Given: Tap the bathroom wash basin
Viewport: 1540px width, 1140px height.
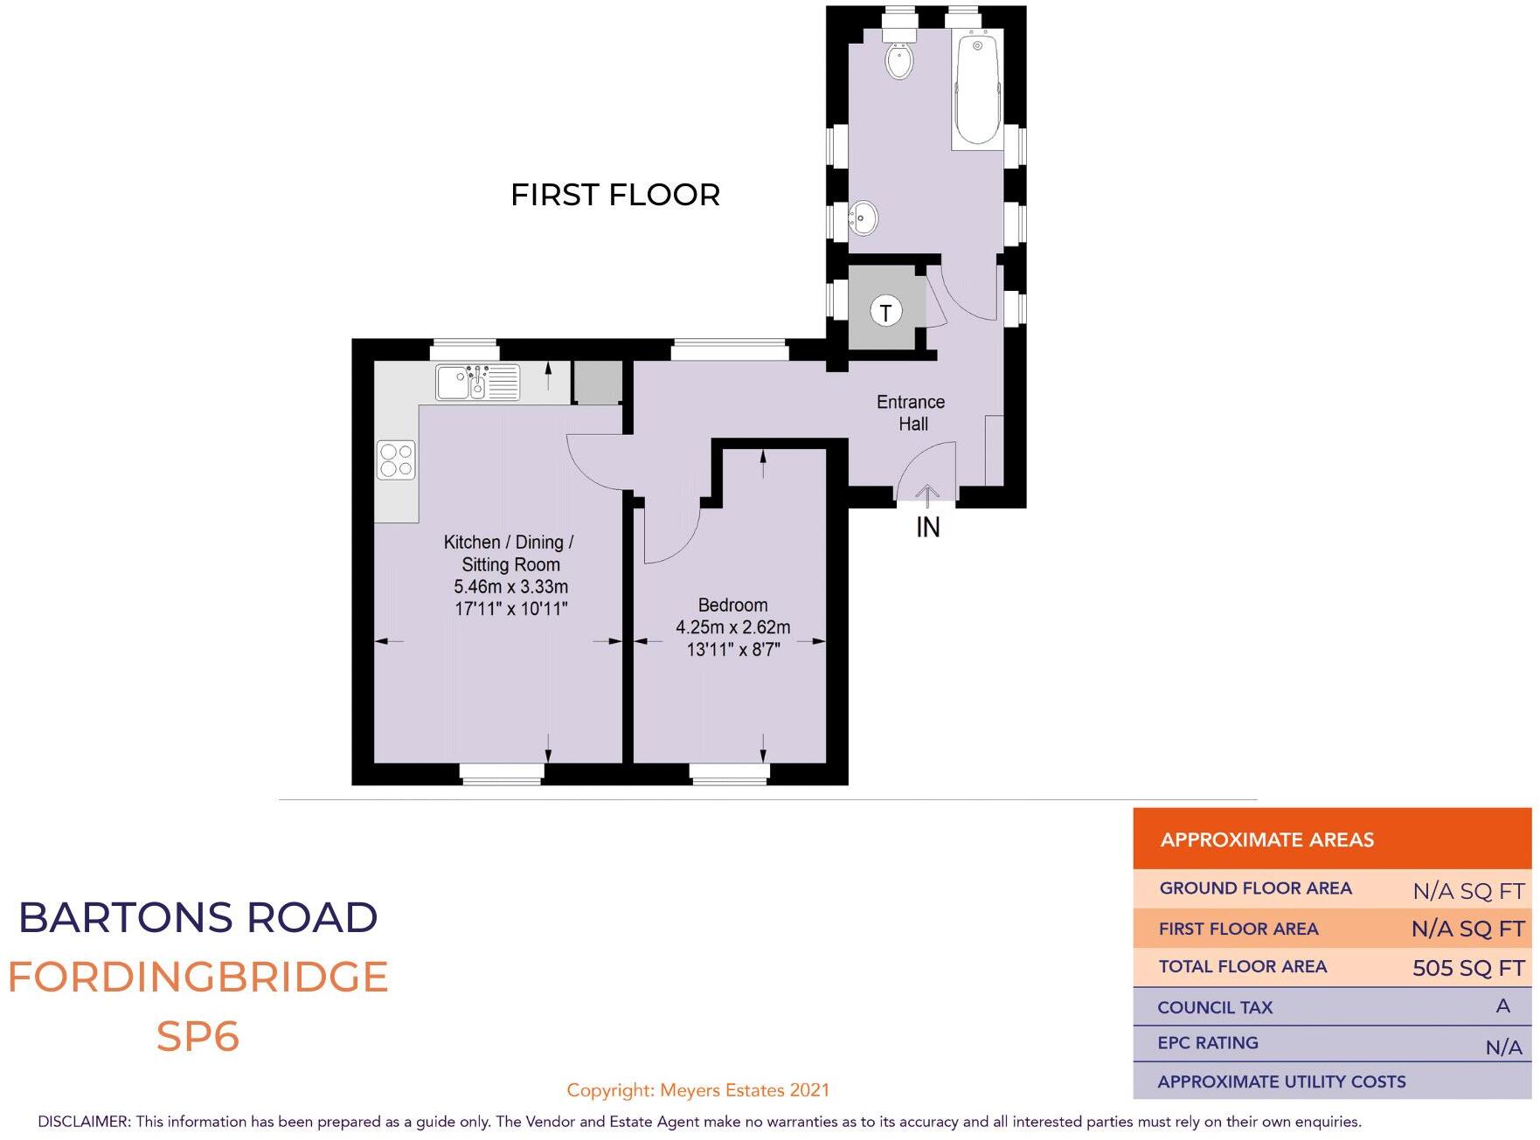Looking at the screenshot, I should point(863,218).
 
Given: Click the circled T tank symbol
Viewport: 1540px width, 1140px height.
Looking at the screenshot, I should point(885,311).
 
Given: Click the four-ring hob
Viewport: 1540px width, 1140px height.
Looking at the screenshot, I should point(396,460).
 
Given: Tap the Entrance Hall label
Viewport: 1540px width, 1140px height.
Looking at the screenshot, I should point(911,412).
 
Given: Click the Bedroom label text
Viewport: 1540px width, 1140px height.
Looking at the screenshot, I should point(732,605).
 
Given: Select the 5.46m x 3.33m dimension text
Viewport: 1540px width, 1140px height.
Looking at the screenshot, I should point(510,586).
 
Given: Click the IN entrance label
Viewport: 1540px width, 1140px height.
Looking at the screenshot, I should point(927,527).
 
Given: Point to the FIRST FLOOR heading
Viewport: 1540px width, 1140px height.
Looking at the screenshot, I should point(614,195).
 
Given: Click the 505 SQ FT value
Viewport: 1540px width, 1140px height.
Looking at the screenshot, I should point(1467,968).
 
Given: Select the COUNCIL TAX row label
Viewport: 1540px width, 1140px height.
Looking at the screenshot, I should point(1214,1007).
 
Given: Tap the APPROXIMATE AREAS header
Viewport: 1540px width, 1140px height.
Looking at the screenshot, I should point(1266,839).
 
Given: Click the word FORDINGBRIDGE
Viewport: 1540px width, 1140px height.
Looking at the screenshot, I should point(198,977).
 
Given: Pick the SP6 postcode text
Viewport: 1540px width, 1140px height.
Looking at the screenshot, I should point(198,1036).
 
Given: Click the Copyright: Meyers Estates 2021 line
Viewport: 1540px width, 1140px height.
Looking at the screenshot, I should point(697,1089).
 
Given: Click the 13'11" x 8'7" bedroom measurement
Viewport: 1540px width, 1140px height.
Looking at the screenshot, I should point(732,649).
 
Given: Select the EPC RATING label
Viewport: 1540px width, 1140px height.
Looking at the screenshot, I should point(1207,1043).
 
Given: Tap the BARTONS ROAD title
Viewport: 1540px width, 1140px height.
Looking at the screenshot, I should point(198,917).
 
